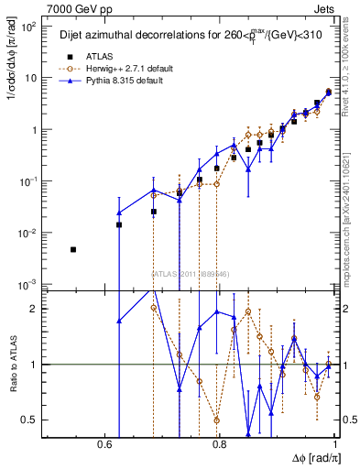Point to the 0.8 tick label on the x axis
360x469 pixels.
[220, 442]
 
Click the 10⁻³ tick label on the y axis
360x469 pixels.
[29, 286]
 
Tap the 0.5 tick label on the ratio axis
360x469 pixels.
[29, 420]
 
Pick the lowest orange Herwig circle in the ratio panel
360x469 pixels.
[217, 420]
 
